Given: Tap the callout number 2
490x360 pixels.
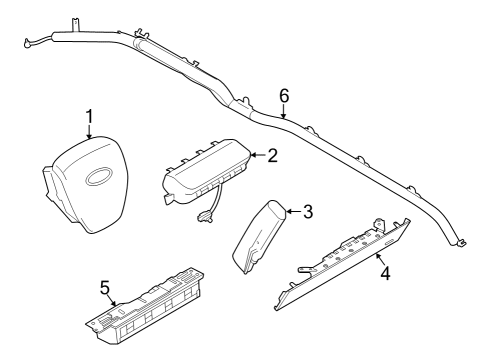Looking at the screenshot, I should (271, 155).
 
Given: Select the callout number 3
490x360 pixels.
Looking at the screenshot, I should (308, 211).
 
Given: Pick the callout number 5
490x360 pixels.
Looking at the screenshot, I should (105, 287).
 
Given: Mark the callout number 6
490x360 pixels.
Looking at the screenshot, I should (284, 96).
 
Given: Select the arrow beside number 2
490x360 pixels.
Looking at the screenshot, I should (256, 155).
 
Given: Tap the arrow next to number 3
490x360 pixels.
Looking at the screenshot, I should (293, 211).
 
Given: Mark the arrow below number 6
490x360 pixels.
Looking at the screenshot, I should (284, 112).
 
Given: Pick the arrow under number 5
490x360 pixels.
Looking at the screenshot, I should (113, 299).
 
